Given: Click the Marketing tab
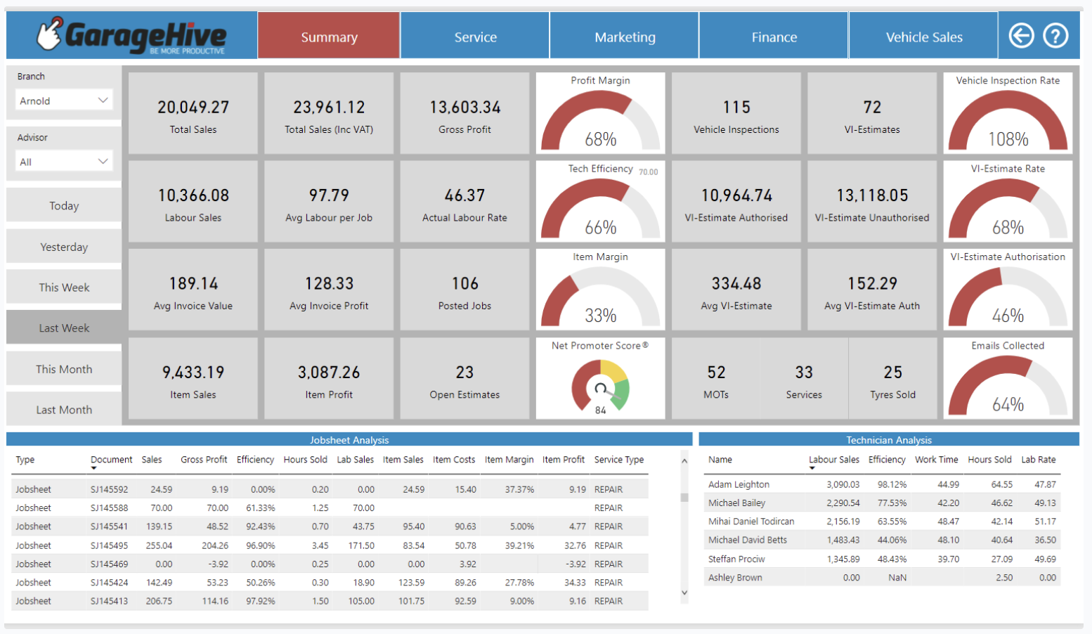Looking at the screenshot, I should [x=625, y=37].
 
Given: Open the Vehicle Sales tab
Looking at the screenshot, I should [x=923, y=37].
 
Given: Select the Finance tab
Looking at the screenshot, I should [x=774, y=37].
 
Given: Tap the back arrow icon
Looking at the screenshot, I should [x=1021, y=35].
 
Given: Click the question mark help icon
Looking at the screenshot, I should [x=1055, y=35].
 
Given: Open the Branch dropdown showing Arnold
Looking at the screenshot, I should [x=64, y=101].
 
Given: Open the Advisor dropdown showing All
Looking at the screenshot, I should [x=64, y=162].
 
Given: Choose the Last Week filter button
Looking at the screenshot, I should [x=64, y=328].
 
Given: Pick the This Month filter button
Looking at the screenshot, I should [x=64, y=369].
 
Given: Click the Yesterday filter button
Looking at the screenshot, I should [x=64, y=247].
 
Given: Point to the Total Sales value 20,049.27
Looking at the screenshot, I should [x=193, y=108].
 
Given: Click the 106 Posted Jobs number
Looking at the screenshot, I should [x=464, y=284].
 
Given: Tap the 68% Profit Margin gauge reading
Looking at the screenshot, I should [x=601, y=139].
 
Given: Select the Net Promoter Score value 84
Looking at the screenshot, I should [x=600, y=410].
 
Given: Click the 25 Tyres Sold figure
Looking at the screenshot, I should [x=892, y=373].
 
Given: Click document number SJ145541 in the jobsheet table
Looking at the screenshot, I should [x=109, y=526].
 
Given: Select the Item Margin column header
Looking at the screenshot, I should [x=509, y=460].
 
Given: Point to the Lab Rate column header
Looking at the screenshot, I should [x=1038, y=460].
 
